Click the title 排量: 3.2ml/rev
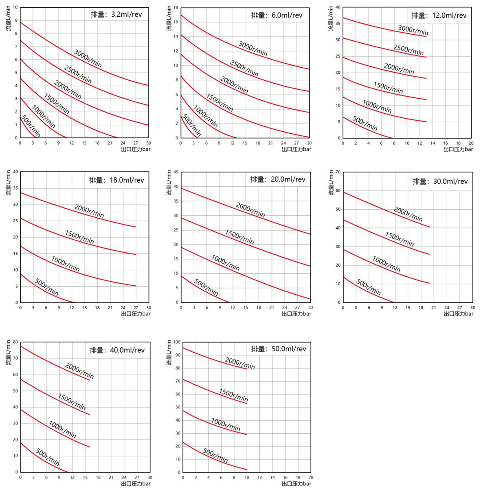click(116, 14)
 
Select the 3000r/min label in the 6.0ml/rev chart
click(253, 49)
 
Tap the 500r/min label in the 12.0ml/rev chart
click(365, 124)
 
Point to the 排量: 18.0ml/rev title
click(116, 180)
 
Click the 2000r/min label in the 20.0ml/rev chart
click(250, 210)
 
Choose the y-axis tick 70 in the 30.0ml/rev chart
click(338, 172)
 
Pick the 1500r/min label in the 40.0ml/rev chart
click(72, 402)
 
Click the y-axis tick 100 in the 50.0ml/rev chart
click(177, 342)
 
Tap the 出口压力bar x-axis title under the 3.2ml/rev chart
click(136, 149)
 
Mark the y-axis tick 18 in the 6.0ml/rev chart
click(176, 8)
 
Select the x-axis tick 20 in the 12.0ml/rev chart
click(471, 143)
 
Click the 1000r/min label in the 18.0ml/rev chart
click(65, 264)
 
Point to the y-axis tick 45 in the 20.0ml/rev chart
click(176, 172)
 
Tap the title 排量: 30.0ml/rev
click(440, 181)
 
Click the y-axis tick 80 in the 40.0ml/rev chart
click(15, 342)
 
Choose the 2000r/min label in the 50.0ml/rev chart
click(240, 363)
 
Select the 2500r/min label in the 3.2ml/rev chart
click(78, 74)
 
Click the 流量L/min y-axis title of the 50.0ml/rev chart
click(169, 353)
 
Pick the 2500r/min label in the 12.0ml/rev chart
click(409, 50)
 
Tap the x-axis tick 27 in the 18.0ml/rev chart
click(136, 308)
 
